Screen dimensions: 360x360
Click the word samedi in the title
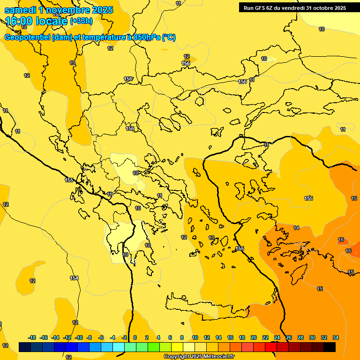(20, 10)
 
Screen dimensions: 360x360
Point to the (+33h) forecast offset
(81, 21)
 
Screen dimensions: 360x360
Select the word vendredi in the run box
(290, 8)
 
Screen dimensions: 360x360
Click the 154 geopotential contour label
(74, 278)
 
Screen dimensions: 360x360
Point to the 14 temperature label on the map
(296, 228)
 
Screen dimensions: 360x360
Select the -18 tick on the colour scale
(32, 337)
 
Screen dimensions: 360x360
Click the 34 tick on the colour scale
(336, 337)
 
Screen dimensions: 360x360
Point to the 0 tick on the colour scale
(135, 337)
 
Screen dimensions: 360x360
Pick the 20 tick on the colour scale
(254, 337)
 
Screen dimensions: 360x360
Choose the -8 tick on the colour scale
(89, 337)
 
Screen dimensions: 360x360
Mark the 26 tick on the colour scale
(289, 337)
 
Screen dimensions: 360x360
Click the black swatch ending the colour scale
(330, 347)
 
